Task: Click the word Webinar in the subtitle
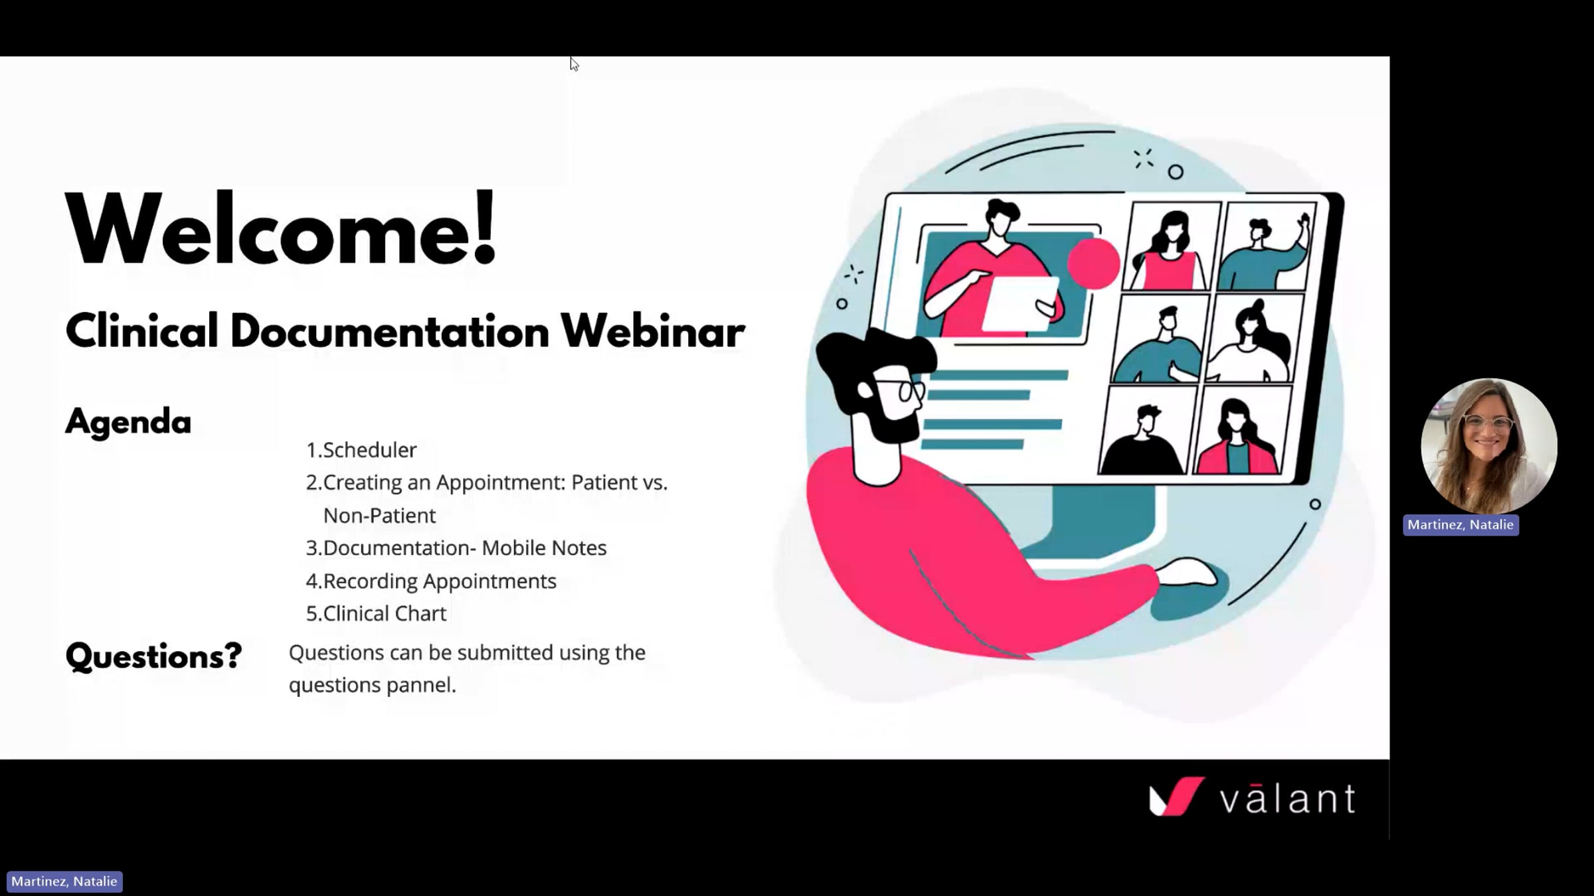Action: click(652, 331)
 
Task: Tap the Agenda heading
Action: click(128, 421)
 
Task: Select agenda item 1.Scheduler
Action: click(361, 450)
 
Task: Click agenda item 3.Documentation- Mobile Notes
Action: click(456, 548)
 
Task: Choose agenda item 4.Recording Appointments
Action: click(431, 581)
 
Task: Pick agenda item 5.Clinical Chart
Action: click(376, 613)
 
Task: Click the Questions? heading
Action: click(153, 656)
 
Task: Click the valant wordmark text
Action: click(1287, 798)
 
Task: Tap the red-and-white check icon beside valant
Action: click(1176, 796)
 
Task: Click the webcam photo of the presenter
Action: click(1488, 445)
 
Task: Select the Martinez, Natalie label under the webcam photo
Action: click(1460, 525)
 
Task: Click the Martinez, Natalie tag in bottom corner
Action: click(64, 881)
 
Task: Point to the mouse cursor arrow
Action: click(574, 64)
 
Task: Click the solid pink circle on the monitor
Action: click(1093, 263)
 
